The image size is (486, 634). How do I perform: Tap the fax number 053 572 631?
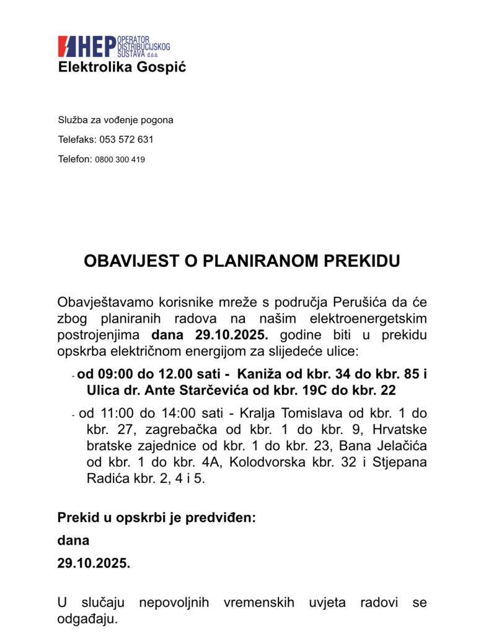(x=126, y=139)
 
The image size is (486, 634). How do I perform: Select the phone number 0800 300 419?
(x=120, y=159)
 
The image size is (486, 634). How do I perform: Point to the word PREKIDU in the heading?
(x=362, y=261)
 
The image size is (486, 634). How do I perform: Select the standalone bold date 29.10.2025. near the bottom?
(x=94, y=563)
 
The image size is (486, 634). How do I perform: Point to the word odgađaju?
(x=87, y=619)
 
